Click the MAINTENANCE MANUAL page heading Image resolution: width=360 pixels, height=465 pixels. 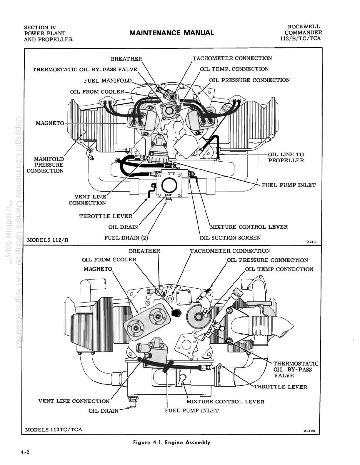pyautogui.click(x=171, y=33)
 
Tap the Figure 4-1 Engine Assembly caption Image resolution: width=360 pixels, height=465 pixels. pyautogui.click(x=172, y=442)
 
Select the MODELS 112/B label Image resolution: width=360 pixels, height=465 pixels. pyautogui.click(x=48, y=240)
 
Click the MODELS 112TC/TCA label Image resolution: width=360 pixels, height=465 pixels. pyautogui.click(x=54, y=429)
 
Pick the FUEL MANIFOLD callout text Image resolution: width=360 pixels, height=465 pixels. pyautogui.click(x=108, y=81)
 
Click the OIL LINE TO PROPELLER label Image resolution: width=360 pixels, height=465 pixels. pyautogui.click(x=286, y=157)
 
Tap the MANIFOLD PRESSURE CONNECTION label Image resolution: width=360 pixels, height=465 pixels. pyautogui.click(x=46, y=165)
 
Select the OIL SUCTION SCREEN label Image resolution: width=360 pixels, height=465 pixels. pyautogui.click(x=230, y=238)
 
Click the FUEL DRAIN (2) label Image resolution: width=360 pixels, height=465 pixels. pyautogui.click(x=126, y=238)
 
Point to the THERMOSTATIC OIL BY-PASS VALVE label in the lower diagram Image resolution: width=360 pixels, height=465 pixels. pyautogui.click(x=296, y=369)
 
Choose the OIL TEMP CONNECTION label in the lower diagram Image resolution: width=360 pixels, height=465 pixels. pyautogui.click(x=279, y=269)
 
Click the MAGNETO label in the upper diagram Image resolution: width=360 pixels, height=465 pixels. pyautogui.click(x=50, y=123)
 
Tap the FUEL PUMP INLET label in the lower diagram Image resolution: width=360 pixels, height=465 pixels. pyautogui.click(x=191, y=411)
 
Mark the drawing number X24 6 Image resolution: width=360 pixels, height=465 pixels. pyautogui.click(x=311, y=242)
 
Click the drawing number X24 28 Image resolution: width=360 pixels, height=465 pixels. pyautogui.click(x=309, y=431)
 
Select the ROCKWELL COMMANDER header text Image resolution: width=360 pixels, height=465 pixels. pyautogui.click(x=303, y=32)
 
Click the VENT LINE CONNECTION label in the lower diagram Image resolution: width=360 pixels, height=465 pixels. pyautogui.click(x=74, y=401)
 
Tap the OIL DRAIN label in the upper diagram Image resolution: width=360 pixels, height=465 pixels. pyautogui.click(x=123, y=227)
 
